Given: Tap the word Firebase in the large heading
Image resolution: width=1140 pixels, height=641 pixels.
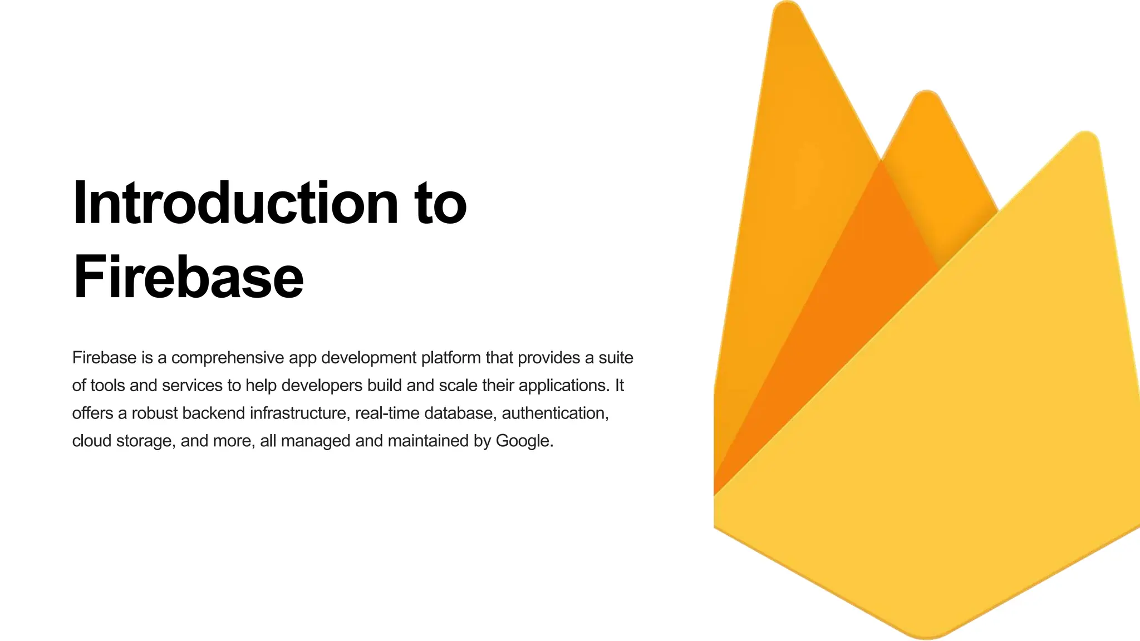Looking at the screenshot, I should click(x=188, y=277).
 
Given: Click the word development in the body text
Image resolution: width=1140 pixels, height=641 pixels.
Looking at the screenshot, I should click(x=368, y=358).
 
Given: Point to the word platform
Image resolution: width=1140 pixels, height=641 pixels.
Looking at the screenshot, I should click(x=451, y=358).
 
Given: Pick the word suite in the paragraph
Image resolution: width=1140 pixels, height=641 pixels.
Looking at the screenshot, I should click(x=616, y=358).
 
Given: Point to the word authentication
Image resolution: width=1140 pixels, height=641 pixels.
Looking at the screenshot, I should click(x=555, y=413).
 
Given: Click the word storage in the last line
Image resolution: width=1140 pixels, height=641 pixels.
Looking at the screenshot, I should click(x=146, y=441).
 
